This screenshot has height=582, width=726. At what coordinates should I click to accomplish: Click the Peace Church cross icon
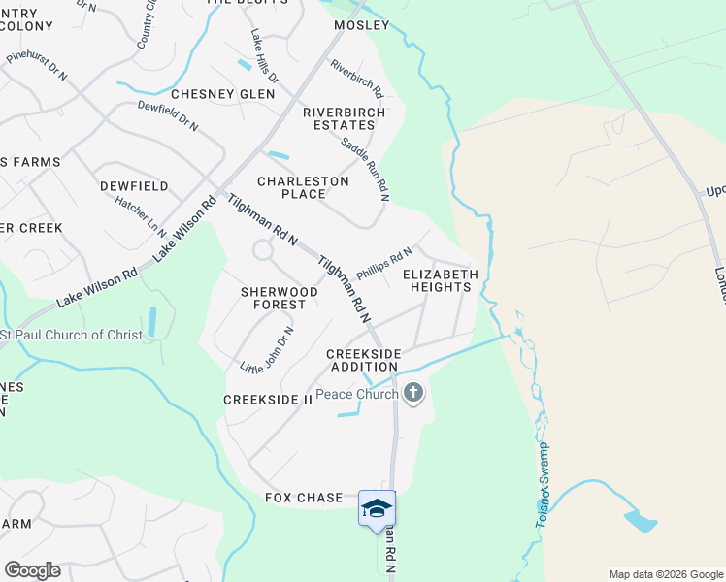click(413, 393)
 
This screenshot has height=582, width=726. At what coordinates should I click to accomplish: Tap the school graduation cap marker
click(377, 508)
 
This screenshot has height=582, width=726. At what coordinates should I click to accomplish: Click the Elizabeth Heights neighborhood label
click(441, 281)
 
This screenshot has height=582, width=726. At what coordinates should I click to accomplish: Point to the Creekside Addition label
click(363, 361)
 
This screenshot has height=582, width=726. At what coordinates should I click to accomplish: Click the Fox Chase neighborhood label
click(304, 498)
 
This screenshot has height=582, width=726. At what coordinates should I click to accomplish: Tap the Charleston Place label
click(303, 187)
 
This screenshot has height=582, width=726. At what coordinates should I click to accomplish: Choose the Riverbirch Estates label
click(344, 119)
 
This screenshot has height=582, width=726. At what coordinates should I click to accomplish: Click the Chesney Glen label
click(224, 94)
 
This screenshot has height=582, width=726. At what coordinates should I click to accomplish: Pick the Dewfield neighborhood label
click(134, 185)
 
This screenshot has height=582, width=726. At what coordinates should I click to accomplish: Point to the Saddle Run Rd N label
click(365, 168)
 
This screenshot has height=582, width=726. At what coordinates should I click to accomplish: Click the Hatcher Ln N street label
click(141, 217)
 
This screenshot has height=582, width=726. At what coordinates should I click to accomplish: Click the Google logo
click(32, 570)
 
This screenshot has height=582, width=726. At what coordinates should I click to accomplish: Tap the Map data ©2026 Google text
click(665, 574)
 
